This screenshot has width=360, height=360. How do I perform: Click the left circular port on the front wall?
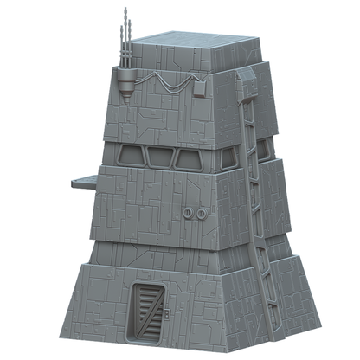(190, 213)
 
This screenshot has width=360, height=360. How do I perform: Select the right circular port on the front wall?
(201, 213)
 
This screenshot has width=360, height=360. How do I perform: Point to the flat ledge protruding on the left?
(84, 181)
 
